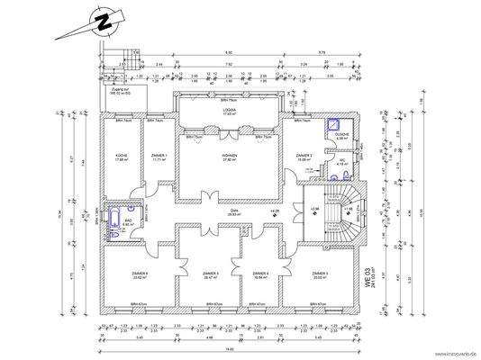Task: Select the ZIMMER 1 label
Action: point(159,157)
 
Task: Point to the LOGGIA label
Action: point(230,111)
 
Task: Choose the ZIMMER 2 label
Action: point(304,156)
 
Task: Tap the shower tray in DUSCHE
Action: point(338,127)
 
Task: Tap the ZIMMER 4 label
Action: point(261,275)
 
